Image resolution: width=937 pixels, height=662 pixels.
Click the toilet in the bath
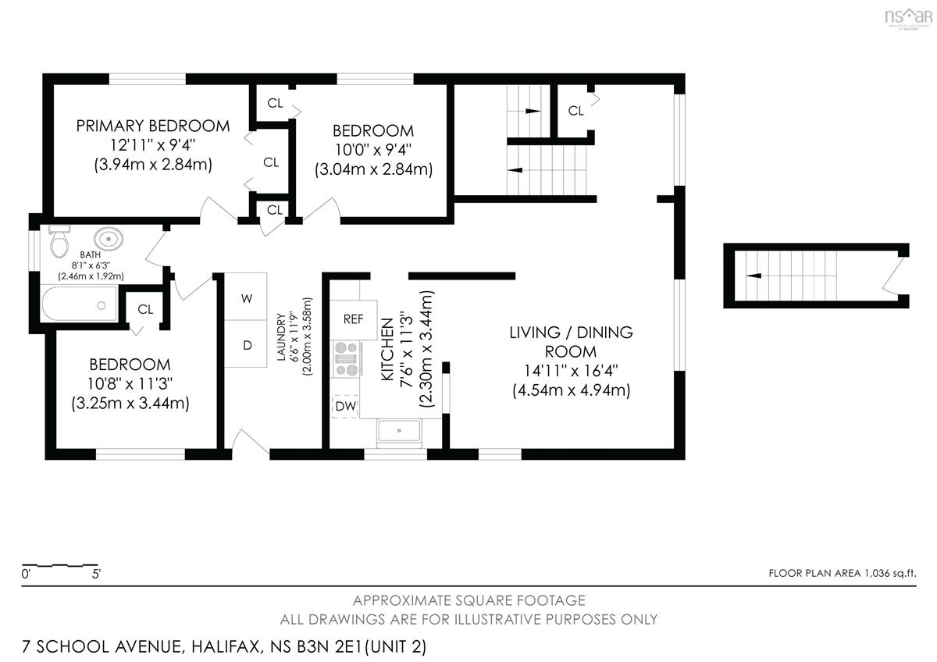click(59, 242)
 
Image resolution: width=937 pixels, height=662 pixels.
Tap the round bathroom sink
click(109, 239)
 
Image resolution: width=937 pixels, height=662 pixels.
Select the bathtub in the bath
click(79, 303)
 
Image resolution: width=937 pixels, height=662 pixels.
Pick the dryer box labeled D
click(246, 343)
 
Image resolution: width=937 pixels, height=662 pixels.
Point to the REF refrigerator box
click(354, 319)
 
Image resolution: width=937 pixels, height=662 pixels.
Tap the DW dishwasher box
click(345, 406)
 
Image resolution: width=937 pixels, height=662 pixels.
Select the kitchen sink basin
click(399, 430)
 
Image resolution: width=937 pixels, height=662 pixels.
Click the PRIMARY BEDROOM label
click(153, 126)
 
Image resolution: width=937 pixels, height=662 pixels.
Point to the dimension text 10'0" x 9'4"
click(373, 150)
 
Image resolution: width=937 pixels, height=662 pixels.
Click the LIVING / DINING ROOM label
click(571, 342)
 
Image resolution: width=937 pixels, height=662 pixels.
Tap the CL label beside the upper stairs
click(575, 111)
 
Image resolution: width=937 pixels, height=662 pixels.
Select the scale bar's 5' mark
click(96, 574)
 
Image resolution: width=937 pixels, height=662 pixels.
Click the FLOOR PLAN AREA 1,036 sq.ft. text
click(842, 573)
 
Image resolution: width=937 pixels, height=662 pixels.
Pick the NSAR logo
click(908, 18)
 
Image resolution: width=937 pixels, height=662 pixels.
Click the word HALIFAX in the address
click(226, 646)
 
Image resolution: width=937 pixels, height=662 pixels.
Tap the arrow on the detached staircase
click(754, 276)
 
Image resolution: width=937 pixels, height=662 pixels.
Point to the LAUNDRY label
click(281, 336)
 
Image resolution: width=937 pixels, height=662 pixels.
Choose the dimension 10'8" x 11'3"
click(130, 383)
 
